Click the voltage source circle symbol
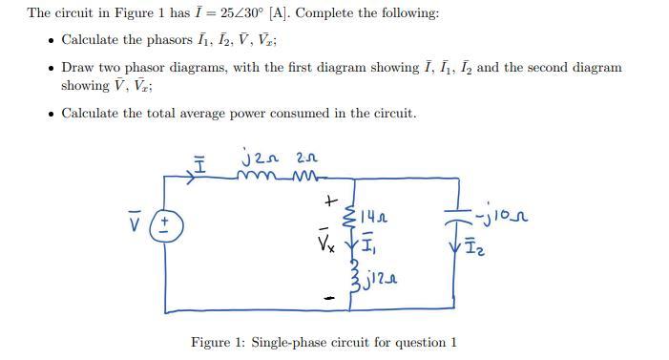[166, 225]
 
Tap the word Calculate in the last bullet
[92, 114]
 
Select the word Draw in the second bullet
[76, 68]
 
